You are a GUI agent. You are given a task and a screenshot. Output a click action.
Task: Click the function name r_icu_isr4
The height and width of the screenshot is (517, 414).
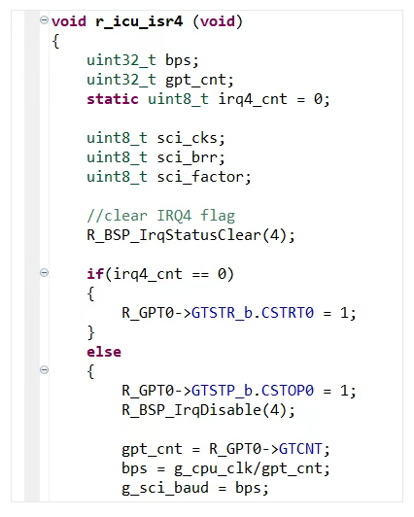coord(139,21)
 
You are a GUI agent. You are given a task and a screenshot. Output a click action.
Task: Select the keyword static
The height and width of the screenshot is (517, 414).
coord(113,99)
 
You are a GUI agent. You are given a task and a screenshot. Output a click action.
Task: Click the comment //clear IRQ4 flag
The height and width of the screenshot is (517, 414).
coord(161,216)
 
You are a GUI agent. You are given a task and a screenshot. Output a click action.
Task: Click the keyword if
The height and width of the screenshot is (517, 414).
coord(95,274)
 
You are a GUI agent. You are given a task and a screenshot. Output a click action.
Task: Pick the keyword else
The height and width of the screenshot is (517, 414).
coord(104,352)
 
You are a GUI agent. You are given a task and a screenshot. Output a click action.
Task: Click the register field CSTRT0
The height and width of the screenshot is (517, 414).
coord(288,313)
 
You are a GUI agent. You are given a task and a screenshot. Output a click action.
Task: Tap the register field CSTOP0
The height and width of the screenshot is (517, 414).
coord(288,391)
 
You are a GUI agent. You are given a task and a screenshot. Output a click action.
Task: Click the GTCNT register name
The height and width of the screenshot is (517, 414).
coord(300,449)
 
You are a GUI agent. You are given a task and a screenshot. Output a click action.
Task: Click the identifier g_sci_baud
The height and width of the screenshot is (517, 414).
coord(165,488)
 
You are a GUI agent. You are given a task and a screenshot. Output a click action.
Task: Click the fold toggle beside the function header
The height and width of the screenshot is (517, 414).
coord(44,19)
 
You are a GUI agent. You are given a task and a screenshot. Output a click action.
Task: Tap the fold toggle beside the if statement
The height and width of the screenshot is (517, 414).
coord(44,273)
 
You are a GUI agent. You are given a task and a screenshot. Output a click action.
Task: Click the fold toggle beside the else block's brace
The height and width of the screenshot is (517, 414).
coord(44,369)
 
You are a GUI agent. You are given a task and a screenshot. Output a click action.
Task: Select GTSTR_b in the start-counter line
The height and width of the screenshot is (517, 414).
coord(223,313)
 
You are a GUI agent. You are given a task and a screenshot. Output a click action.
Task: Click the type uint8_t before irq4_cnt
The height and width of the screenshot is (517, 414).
coord(178,99)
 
